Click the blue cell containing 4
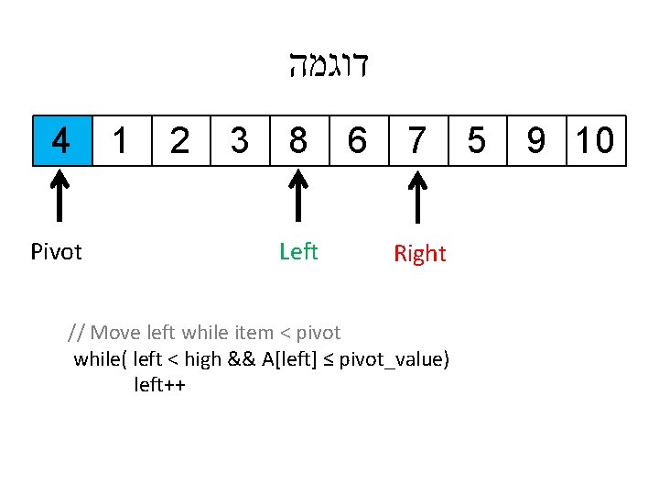click(61, 140)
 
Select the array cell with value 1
click(121, 140)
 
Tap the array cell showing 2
click(180, 140)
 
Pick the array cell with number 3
click(239, 140)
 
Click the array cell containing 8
click(298, 140)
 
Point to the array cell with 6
click(358, 140)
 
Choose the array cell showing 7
click(417, 140)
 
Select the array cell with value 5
click(477, 140)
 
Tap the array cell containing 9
click(536, 140)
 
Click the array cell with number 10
click(596, 140)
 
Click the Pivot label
click(56, 252)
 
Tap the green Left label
click(298, 251)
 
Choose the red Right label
click(420, 254)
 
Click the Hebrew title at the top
click(328, 67)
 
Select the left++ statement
click(160, 384)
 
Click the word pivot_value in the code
click(394, 358)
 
